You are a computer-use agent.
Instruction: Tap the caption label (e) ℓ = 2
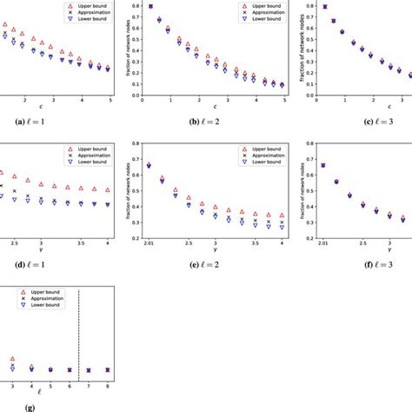[x=203, y=258]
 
